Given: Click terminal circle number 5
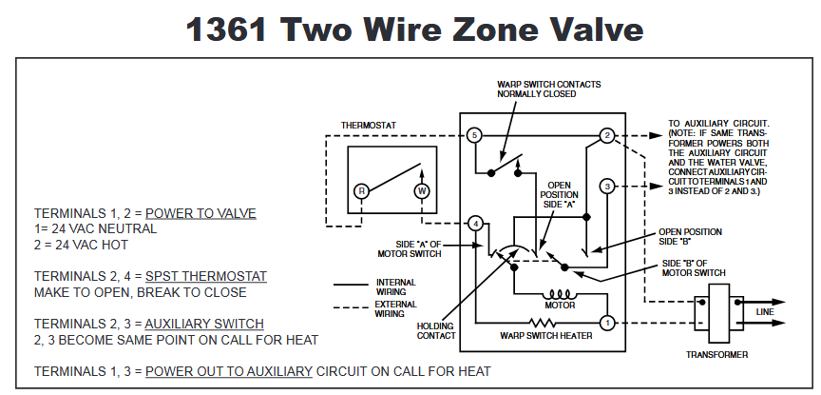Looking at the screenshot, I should coord(474,136).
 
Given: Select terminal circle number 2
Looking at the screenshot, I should coord(607,137).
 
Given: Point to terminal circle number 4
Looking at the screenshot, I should coord(474,224).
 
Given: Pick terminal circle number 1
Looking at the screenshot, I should coord(607,323).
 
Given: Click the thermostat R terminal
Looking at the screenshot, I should coord(361,190).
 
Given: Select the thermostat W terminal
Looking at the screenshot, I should coord(421,190).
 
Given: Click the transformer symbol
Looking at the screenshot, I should coord(716,308).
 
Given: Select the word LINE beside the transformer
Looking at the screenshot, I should coord(766,311).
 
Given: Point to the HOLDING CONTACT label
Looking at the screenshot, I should coord(436,329).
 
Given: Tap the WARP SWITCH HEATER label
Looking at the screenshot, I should coord(546,335).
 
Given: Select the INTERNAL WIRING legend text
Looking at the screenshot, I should coord(395,286).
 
